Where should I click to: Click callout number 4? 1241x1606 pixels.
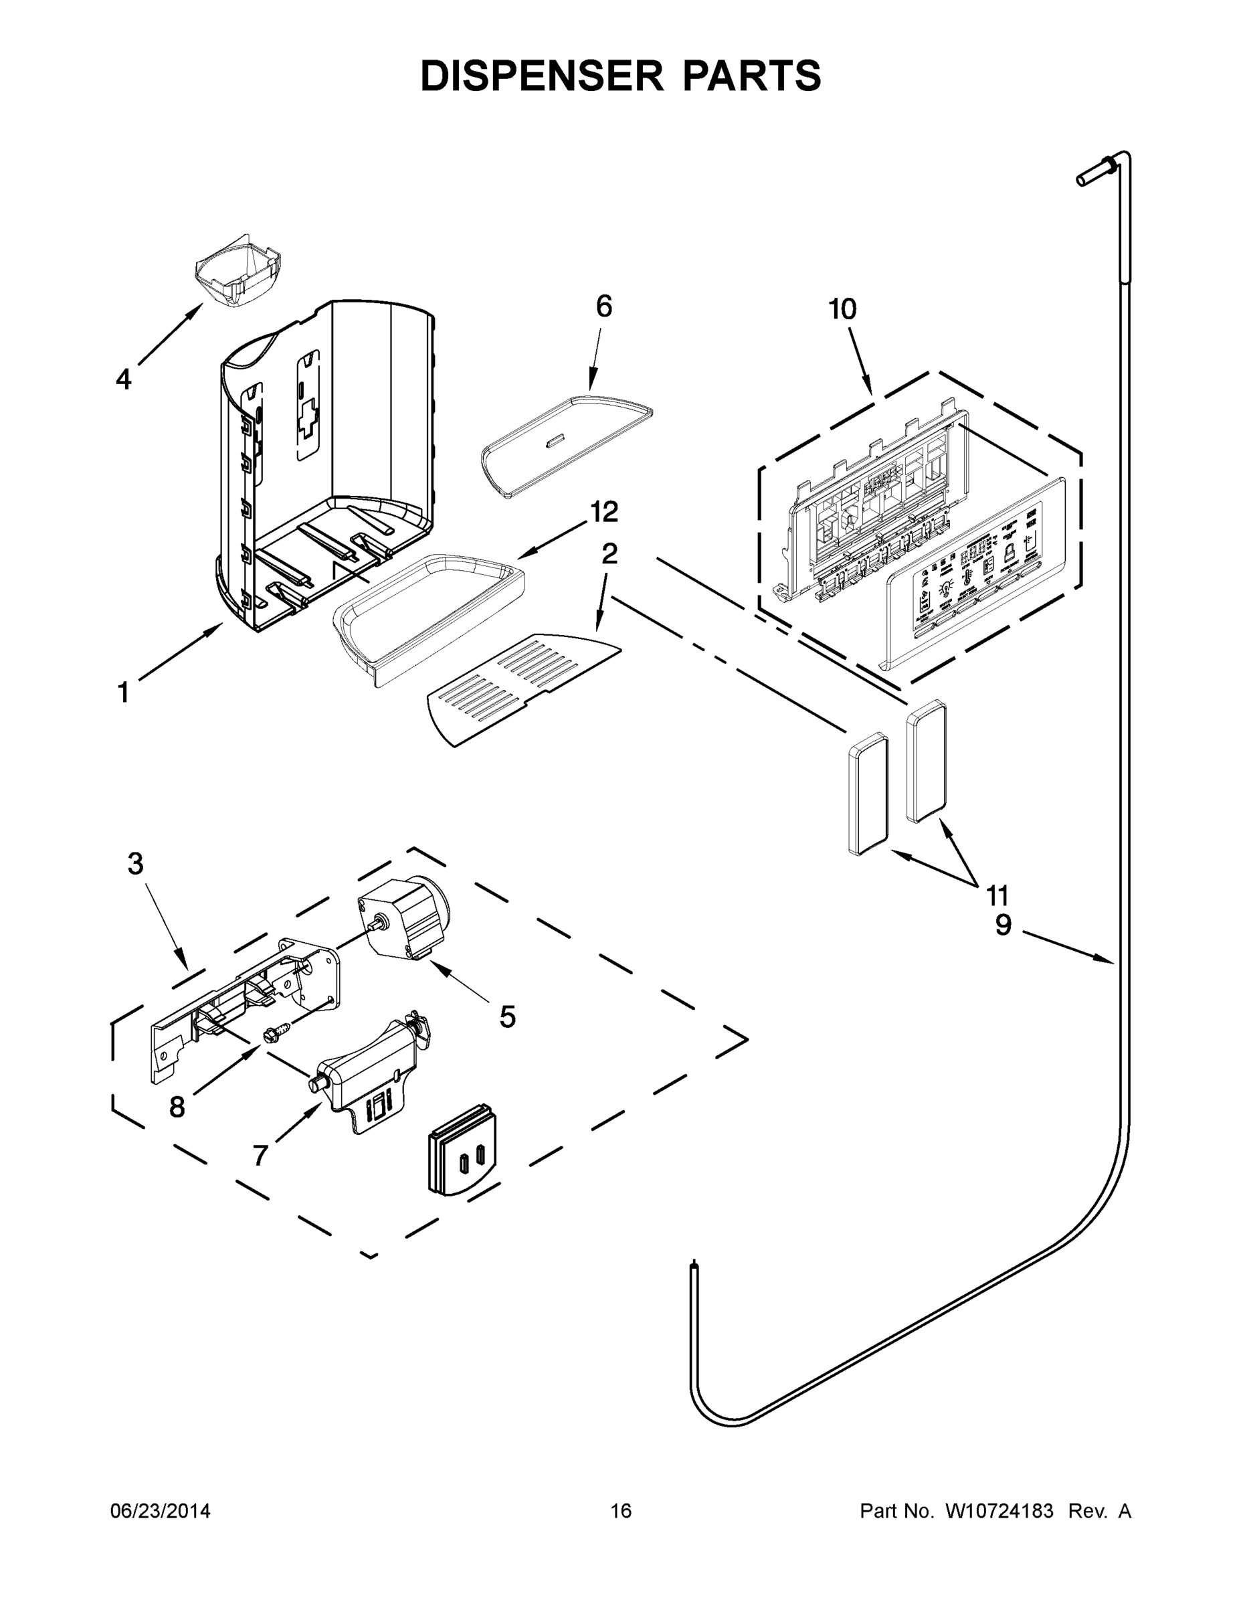[x=124, y=379]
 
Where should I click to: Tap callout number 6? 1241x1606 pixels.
[x=603, y=306]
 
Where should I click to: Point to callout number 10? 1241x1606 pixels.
[x=842, y=309]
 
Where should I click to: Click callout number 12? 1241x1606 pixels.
[x=604, y=512]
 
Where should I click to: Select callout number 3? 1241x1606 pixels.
[x=135, y=864]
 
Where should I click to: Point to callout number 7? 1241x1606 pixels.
[x=260, y=1156]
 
